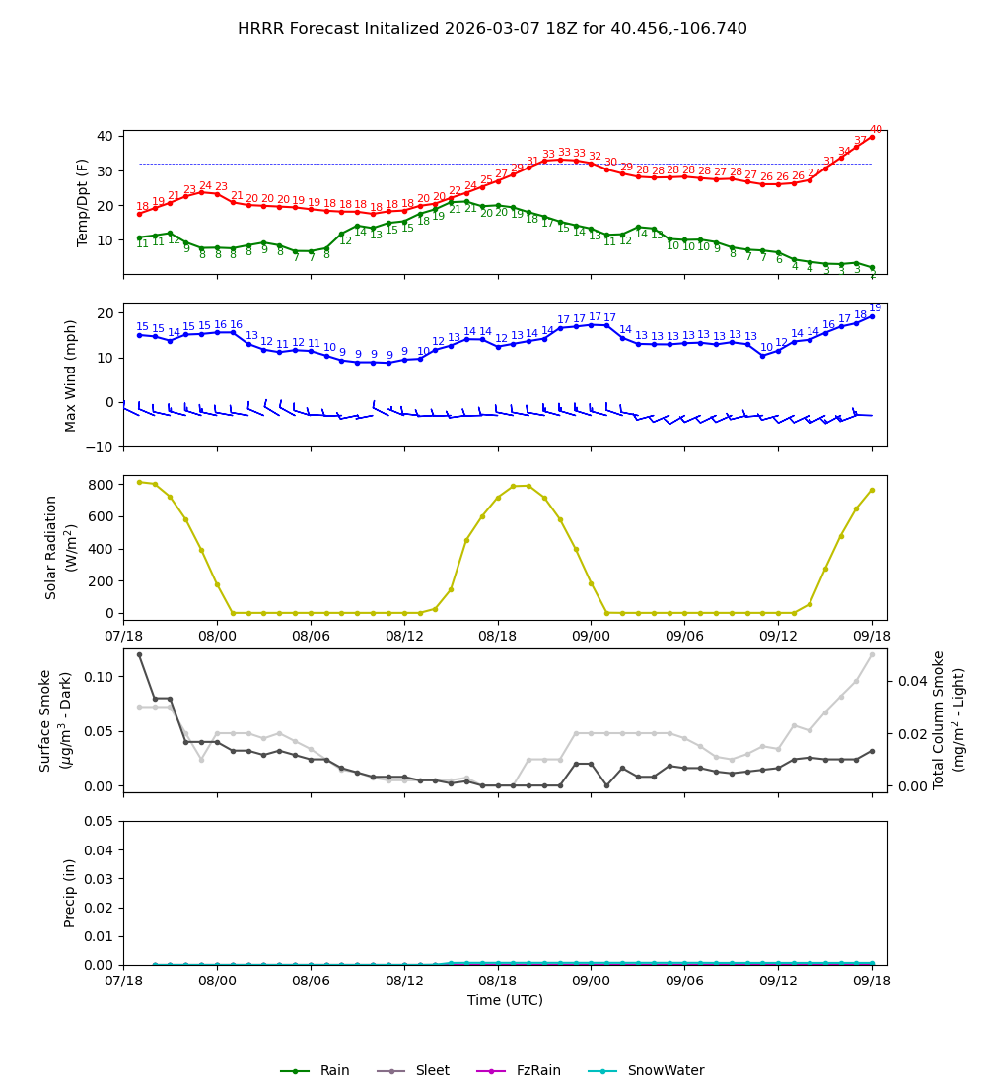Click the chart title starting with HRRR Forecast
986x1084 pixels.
pos(492,29)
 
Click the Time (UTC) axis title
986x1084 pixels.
pos(505,1000)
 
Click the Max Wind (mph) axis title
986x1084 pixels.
pos(71,374)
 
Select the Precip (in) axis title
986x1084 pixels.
pos(70,893)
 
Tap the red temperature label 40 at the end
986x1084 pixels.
pos(876,130)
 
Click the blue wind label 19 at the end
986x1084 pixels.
pos(876,308)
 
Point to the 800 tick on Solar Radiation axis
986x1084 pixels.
pos(102,484)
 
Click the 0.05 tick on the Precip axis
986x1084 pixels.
pos(99,821)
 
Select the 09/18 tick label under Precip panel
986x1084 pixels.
pos(872,982)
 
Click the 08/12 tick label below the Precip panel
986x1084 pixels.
pos(404,982)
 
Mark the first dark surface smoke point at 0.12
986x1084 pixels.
pos(139,654)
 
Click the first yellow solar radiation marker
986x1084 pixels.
pos(139,482)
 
